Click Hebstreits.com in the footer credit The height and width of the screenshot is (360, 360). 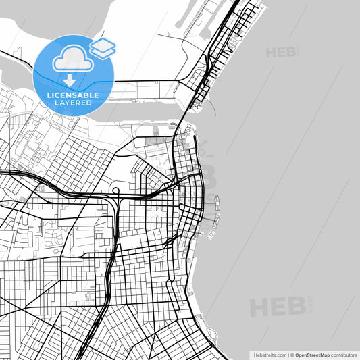point(269,354)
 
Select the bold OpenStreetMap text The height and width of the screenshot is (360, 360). point(311,354)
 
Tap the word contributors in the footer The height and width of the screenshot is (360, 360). point(343,354)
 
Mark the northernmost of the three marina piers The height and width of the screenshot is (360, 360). point(217,201)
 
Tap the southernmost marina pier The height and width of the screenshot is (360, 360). point(211,234)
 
